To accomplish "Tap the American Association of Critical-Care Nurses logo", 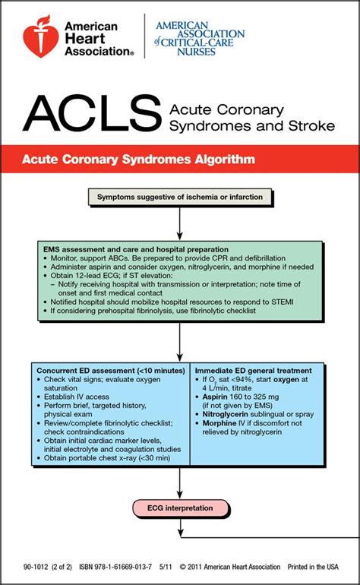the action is [x=199, y=38].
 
